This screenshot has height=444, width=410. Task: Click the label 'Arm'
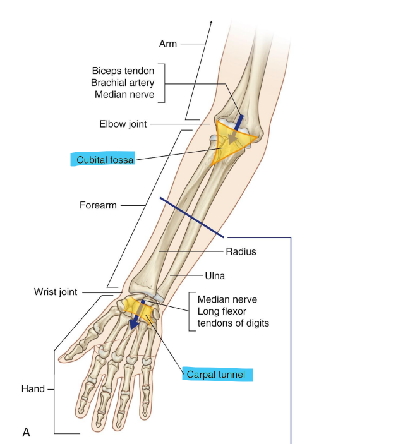[168, 44]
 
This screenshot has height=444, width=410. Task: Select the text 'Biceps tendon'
[123, 71]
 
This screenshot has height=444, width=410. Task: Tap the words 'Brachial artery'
[123, 83]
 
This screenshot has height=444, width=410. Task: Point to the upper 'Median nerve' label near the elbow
[124, 95]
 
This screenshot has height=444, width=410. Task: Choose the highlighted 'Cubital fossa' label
[105, 160]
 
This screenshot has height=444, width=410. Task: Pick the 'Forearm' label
[98, 205]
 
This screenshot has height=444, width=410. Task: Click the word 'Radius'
[241, 251]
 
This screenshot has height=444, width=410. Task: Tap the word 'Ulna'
[215, 276]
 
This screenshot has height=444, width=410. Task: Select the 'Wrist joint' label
[56, 292]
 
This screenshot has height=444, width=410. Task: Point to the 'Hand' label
[33, 389]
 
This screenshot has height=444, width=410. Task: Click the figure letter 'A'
[26, 433]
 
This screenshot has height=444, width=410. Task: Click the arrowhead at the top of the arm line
[211, 21]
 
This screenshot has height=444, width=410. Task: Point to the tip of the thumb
[61, 358]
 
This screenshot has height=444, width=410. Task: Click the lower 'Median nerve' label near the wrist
[227, 299]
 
